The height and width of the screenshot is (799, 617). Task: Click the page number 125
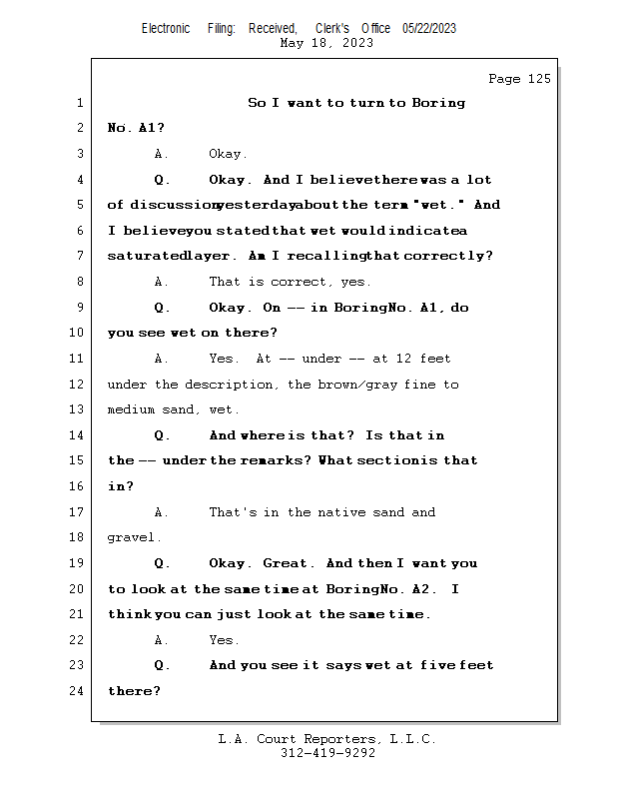[539, 79]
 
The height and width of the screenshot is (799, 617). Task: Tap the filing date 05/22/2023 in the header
[429, 28]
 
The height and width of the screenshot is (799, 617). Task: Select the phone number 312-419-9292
[327, 753]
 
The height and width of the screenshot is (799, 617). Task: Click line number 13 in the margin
[76, 409]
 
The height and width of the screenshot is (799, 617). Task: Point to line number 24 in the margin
[76, 690]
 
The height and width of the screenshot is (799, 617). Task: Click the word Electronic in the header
[166, 28]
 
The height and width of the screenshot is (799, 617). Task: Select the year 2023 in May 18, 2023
[357, 43]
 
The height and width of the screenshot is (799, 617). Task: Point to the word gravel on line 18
[131, 537]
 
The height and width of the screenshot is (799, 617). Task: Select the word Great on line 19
[285, 563]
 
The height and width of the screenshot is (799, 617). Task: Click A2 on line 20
[421, 589]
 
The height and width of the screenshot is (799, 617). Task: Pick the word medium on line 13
[131, 409]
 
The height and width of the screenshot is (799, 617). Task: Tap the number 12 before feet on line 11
[403, 359]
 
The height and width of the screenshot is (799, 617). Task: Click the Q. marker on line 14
[162, 435]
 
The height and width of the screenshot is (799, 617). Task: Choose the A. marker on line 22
[161, 640]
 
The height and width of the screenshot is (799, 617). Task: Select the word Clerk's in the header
[332, 28]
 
